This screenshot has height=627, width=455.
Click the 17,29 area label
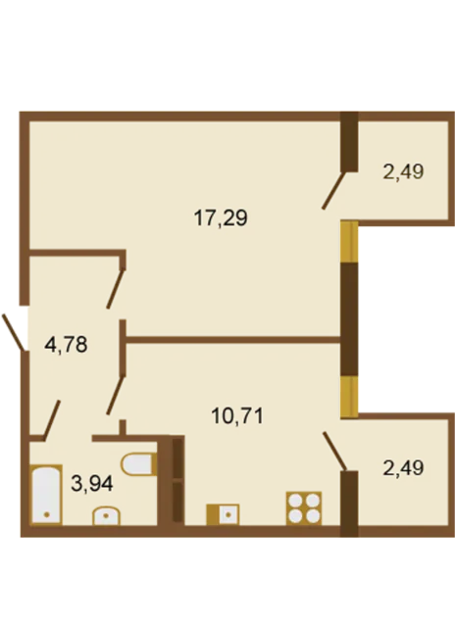(x=221, y=218)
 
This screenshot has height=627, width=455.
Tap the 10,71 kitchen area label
(x=237, y=416)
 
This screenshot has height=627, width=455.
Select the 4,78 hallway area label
(x=66, y=345)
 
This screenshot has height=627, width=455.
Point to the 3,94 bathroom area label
(x=92, y=483)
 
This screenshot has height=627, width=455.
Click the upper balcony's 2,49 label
(x=403, y=172)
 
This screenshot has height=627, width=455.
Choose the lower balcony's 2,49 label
(x=403, y=468)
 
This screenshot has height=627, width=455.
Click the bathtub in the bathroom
(x=46, y=494)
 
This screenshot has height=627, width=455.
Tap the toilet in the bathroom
(x=138, y=464)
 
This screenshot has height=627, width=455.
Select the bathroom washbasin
(x=106, y=515)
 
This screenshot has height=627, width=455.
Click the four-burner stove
(x=304, y=507)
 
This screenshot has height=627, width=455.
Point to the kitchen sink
(x=223, y=514)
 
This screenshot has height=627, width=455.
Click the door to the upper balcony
(x=333, y=190)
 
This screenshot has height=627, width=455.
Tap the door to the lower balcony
(x=334, y=451)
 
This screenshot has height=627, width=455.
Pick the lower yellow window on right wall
(x=349, y=397)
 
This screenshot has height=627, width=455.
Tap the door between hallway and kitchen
(x=116, y=395)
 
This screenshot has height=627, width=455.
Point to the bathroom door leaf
(x=52, y=420)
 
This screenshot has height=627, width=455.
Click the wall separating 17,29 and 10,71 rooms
(x=233, y=340)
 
